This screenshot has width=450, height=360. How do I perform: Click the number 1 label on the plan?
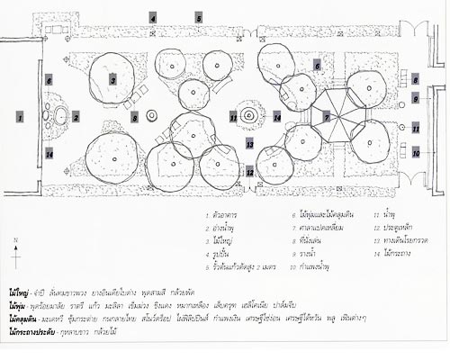(x=19, y=117)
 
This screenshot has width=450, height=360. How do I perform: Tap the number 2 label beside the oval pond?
(x=76, y=116)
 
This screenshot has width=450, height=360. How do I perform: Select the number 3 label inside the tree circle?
(x=113, y=80)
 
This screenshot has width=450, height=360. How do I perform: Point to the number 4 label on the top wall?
(x=153, y=18)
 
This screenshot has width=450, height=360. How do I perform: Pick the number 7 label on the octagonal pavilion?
(x=328, y=118)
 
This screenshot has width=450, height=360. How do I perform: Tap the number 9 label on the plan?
(x=416, y=98)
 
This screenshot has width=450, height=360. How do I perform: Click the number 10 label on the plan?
(x=416, y=154)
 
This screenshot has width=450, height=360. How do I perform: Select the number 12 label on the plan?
(x=248, y=169)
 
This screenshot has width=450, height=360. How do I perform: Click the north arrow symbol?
(x=18, y=244)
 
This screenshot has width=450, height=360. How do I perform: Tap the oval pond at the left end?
(x=60, y=116)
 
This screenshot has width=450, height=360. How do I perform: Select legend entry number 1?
(x=225, y=214)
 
